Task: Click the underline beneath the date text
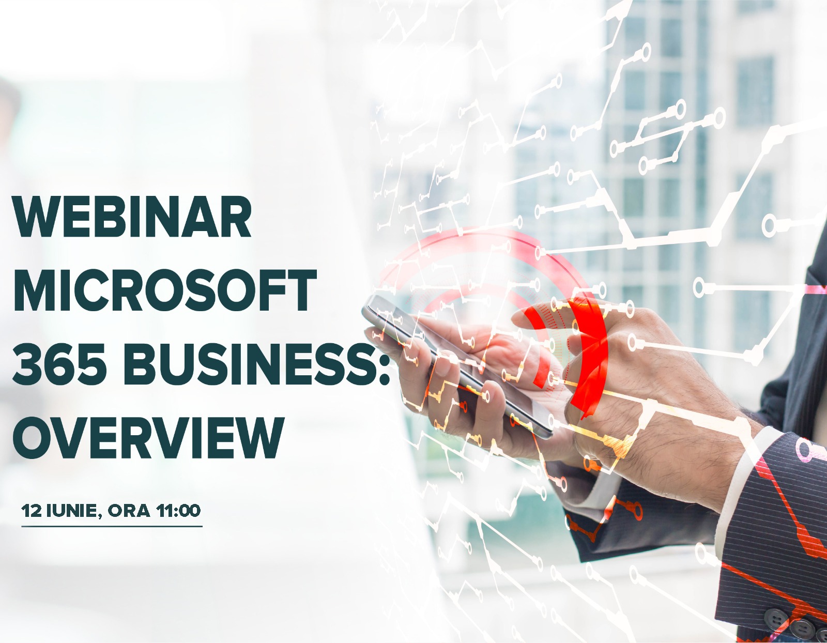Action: pyautogui.click(x=112, y=526)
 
